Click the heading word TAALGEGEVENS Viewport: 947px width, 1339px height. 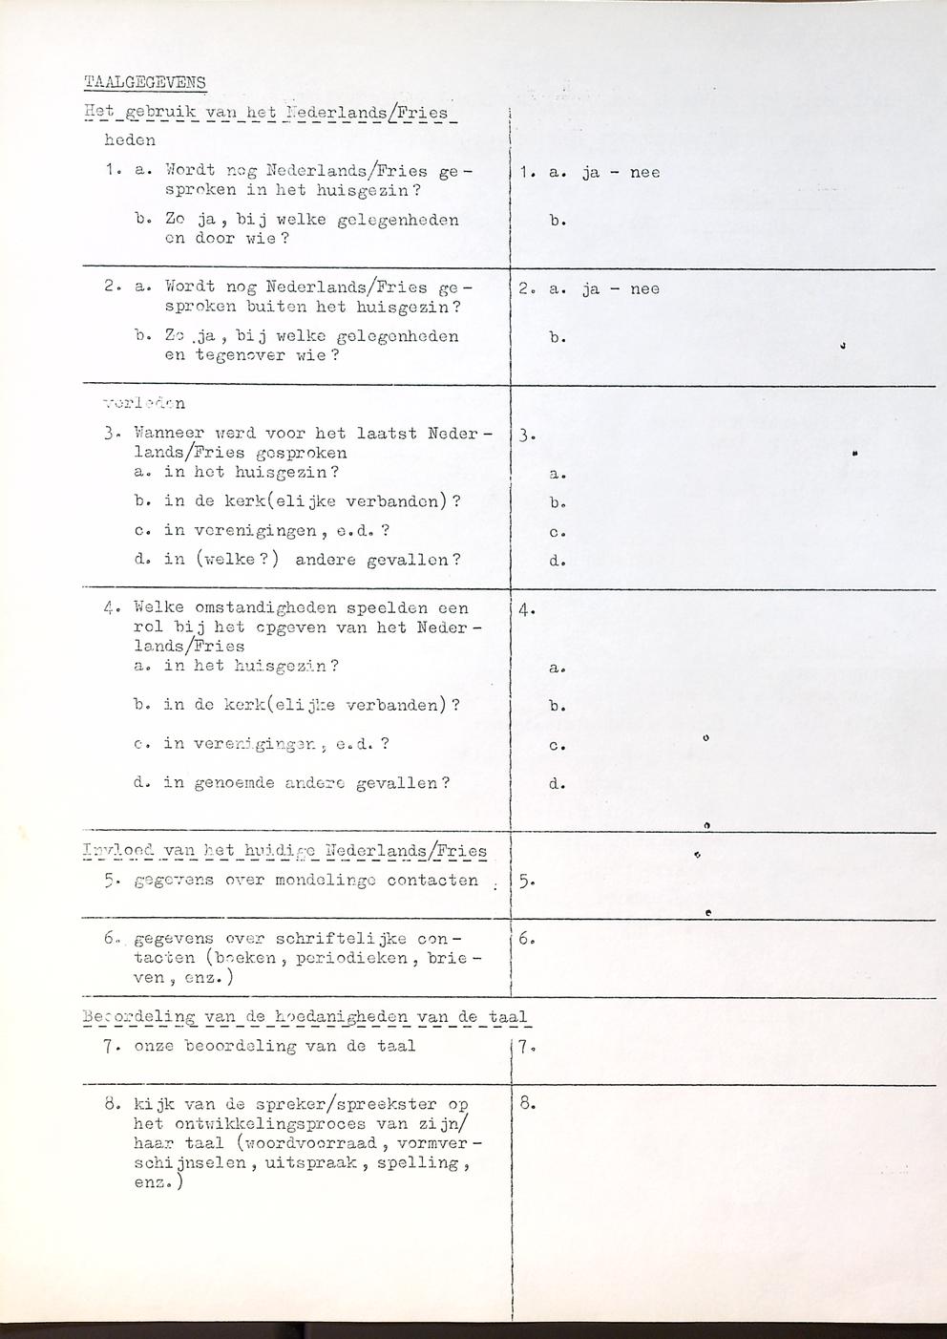tap(145, 82)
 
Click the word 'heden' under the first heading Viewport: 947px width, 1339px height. tap(130, 140)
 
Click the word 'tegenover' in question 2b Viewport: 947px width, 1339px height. tap(240, 355)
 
